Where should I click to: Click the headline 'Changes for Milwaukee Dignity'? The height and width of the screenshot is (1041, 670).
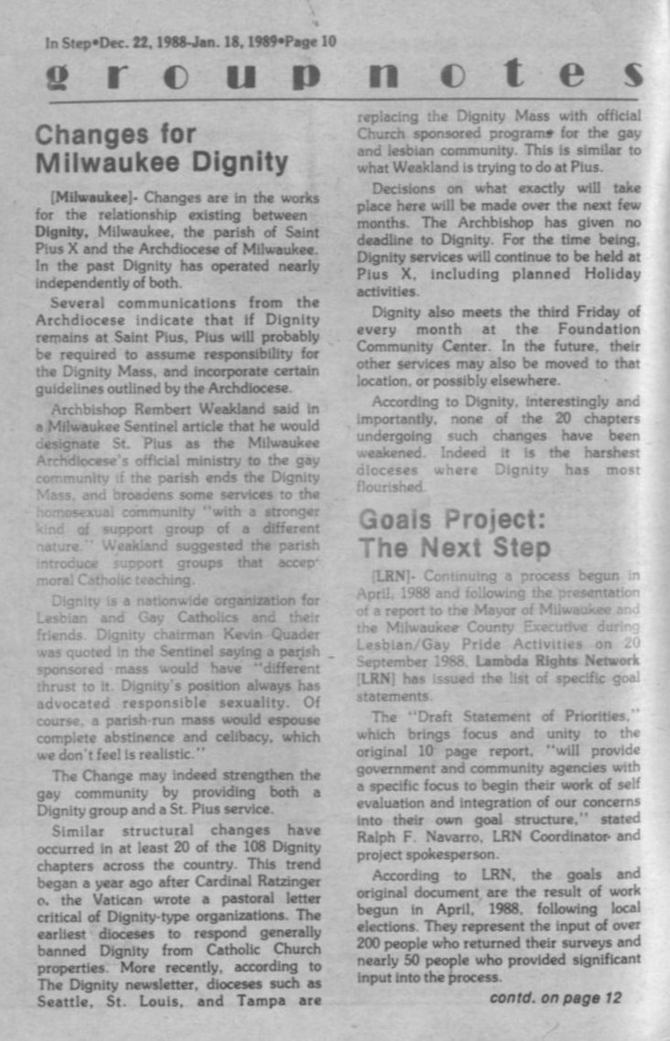coord(161,148)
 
